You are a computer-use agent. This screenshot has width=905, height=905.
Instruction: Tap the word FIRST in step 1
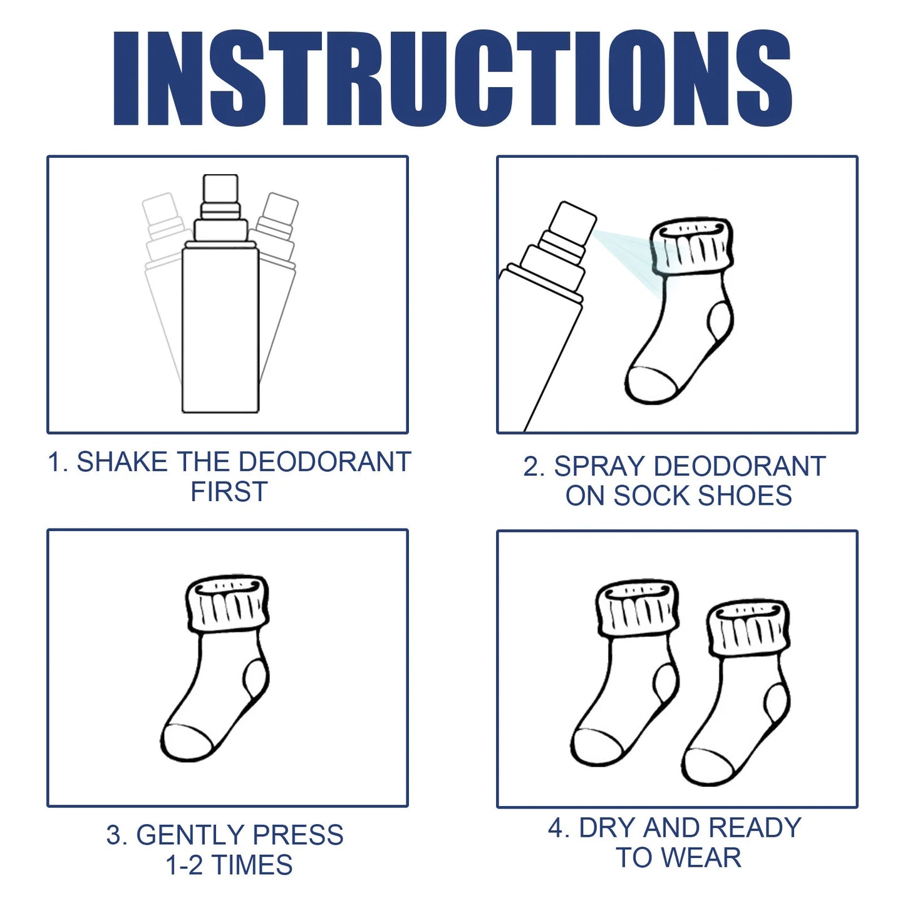[x=229, y=492]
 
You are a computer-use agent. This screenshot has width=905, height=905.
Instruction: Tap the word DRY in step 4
[x=607, y=828]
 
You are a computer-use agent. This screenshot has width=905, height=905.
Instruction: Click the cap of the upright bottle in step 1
[x=220, y=188]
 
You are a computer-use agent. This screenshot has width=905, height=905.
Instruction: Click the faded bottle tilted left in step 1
[x=160, y=263]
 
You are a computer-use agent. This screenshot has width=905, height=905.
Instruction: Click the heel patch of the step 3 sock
[x=256, y=680]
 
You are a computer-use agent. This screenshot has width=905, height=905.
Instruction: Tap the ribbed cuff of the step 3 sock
[x=228, y=605]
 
